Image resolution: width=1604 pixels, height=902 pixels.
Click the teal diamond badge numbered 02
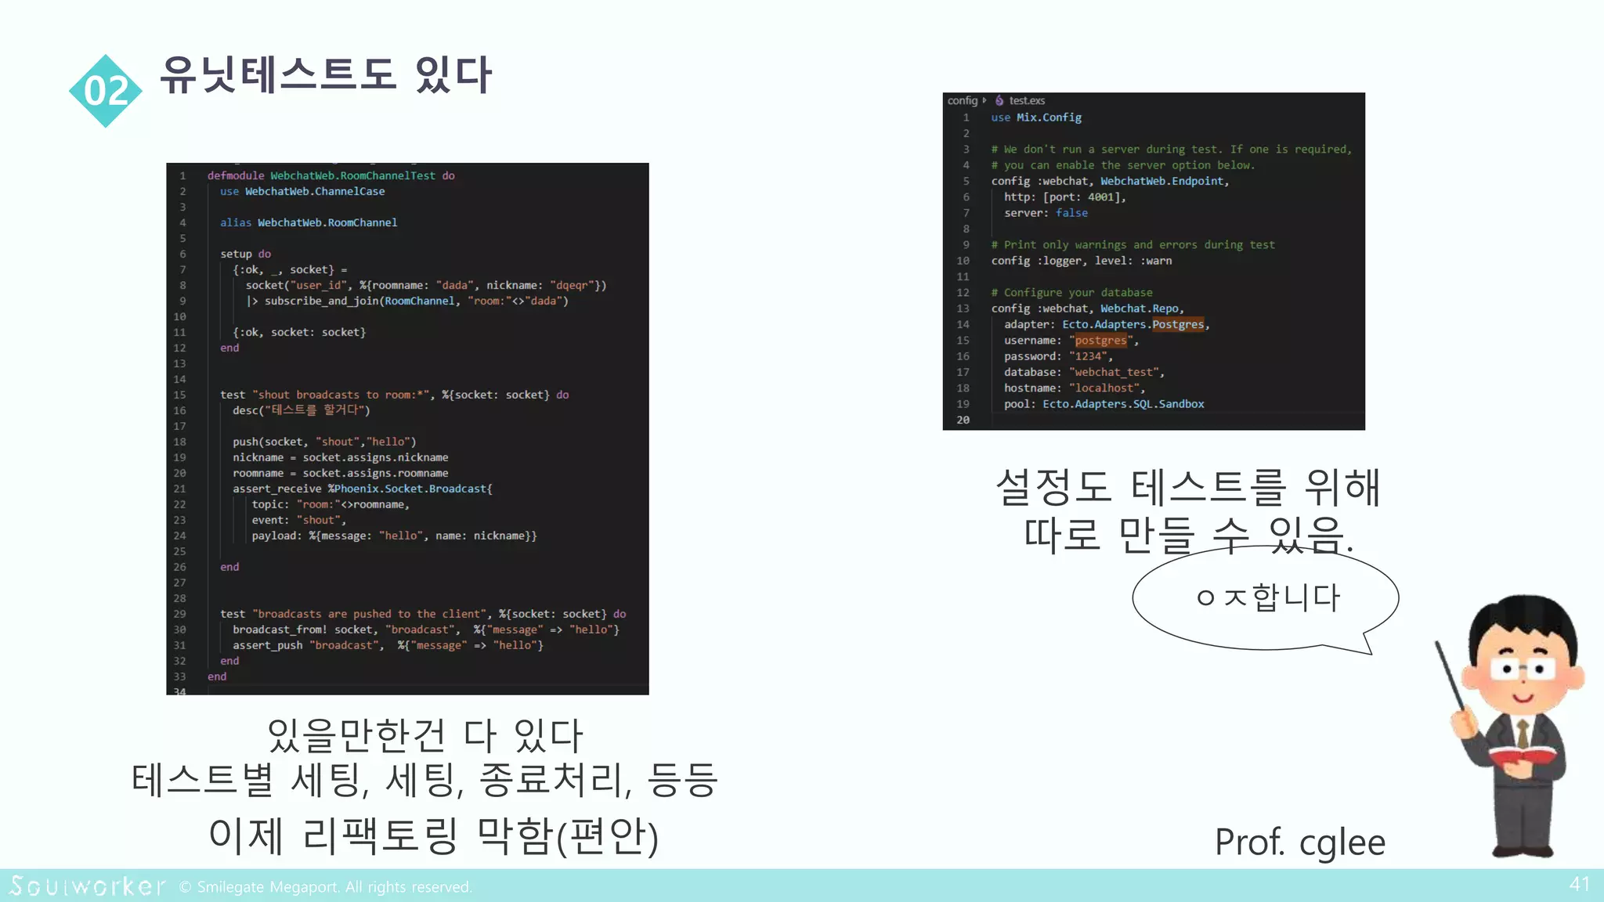pyautogui.click(x=105, y=91)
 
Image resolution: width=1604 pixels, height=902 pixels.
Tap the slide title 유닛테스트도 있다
pyautogui.click(x=326, y=76)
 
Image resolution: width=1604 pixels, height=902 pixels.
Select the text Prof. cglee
pyautogui.click(x=1299, y=842)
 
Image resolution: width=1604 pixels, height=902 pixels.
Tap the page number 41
pyautogui.click(x=1579, y=885)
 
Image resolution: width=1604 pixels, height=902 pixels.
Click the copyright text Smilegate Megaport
pyautogui.click(x=326, y=887)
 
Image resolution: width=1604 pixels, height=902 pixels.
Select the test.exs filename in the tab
pyautogui.click(x=1026, y=101)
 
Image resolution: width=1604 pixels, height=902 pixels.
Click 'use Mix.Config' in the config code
pyautogui.click(x=1036, y=117)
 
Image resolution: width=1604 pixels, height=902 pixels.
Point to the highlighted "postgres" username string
pyautogui.click(x=1100, y=341)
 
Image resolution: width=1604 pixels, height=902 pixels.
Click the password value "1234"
pyautogui.click(x=1089, y=356)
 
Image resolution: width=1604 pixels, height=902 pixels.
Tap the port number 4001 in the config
pyautogui.click(x=1100, y=197)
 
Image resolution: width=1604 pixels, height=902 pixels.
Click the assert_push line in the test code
pyautogui.click(x=387, y=646)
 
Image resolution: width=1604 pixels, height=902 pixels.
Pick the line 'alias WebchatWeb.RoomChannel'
pyautogui.click(x=309, y=223)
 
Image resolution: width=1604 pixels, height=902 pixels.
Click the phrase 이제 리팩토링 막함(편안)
pyautogui.click(x=433, y=835)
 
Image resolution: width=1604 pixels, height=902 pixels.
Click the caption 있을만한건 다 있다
pyautogui.click(x=424, y=735)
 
